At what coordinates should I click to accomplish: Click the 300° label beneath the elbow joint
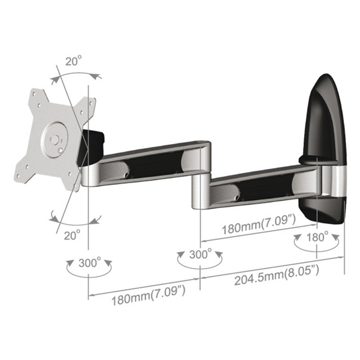coord(200,255)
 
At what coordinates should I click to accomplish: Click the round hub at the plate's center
coord(55,136)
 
